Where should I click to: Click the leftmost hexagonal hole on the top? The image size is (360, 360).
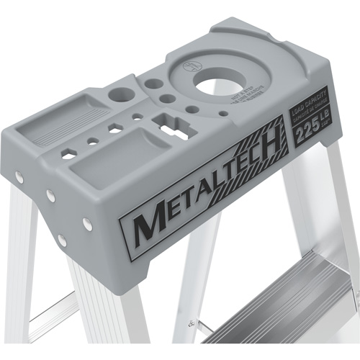[68, 153]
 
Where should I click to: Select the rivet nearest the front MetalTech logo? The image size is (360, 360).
[87, 225]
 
